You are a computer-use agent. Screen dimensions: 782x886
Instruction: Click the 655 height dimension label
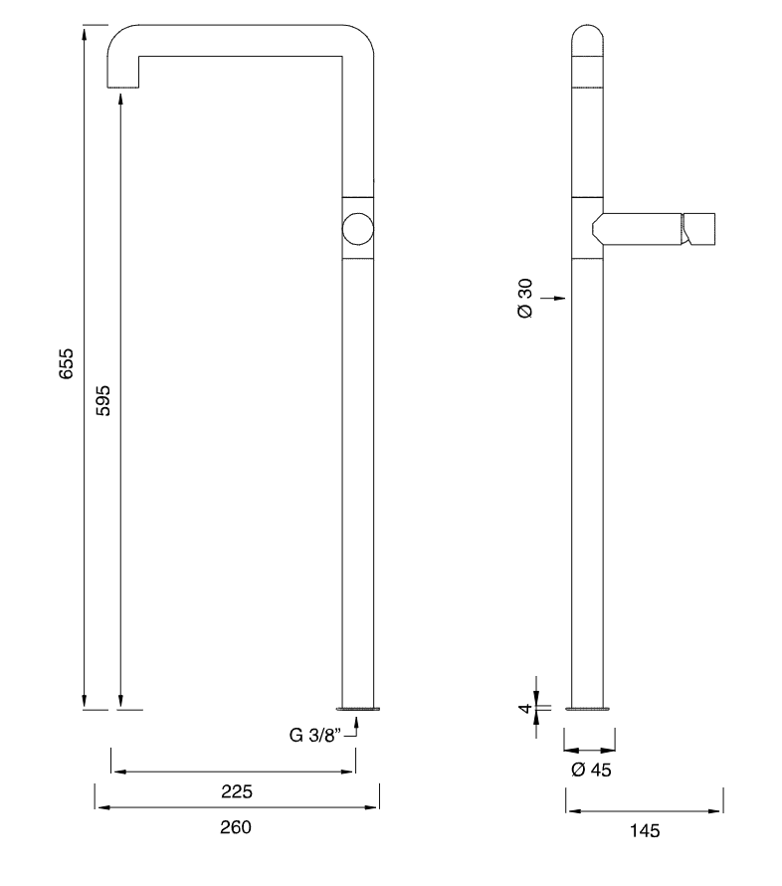point(66,363)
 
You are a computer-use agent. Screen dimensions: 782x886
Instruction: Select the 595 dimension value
point(102,400)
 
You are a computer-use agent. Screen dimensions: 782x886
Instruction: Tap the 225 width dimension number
point(237,791)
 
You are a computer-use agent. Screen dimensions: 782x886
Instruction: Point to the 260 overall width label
point(236,827)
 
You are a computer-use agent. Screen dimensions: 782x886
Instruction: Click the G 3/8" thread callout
point(315,735)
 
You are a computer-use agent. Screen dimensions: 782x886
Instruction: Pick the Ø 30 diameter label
point(524,299)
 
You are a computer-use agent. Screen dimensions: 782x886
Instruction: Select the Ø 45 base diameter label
point(591,770)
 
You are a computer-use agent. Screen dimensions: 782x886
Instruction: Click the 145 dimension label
point(645,830)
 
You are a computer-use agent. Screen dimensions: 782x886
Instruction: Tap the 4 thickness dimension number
point(525,708)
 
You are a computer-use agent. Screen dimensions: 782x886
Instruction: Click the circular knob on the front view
point(358,229)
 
